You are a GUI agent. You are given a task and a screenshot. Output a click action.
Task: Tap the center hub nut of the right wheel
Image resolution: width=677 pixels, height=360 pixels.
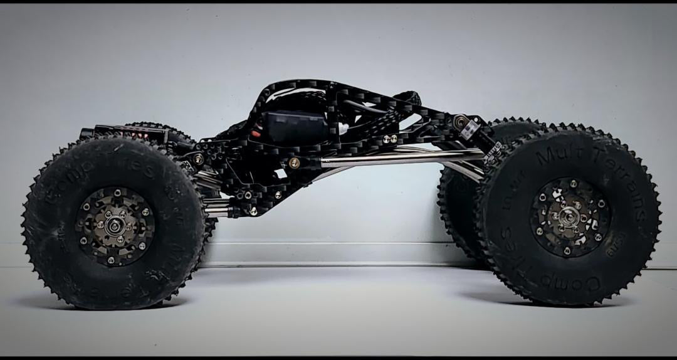click(x=568, y=217)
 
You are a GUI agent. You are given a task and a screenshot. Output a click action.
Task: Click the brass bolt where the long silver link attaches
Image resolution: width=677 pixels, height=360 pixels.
click(x=293, y=162)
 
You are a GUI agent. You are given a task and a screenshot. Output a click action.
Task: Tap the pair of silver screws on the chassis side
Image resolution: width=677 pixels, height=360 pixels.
click(x=391, y=139)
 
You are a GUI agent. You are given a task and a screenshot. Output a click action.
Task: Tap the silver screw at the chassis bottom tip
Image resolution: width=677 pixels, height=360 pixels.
click(x=253, y=211)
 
